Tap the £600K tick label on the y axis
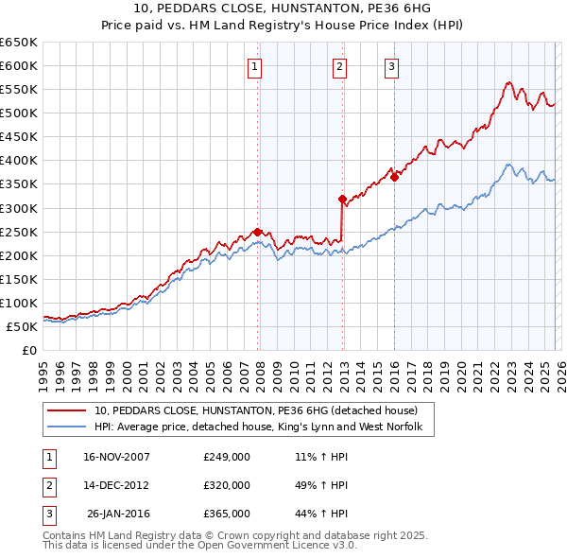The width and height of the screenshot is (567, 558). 19,66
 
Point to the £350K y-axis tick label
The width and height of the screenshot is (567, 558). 19,184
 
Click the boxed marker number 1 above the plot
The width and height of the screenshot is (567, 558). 256,66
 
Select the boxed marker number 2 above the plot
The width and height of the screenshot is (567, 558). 339,66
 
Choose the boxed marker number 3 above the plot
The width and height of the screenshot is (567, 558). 391,66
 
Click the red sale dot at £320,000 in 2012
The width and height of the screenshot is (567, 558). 343,199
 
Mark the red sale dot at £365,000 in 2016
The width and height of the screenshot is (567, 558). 394,177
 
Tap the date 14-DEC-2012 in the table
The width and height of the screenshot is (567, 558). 117,485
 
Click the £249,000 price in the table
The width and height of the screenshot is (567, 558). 227,457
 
